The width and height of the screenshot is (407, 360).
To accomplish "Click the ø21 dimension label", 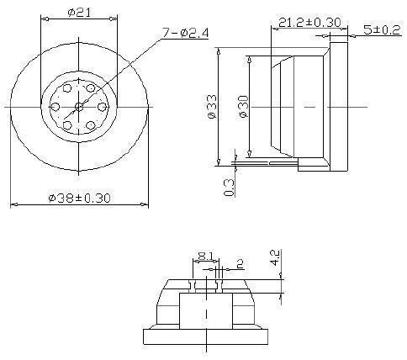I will click(x=78, y=12).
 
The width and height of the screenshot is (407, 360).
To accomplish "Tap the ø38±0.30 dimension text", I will click(x=80, y=198).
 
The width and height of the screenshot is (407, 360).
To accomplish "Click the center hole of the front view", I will click(x=78, y=106).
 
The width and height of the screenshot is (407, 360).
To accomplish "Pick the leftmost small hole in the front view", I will click(x=56, y=106).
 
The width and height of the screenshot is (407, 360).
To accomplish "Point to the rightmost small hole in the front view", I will click(x=101, y=106).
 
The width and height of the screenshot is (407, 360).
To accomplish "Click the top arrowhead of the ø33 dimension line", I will click(x=219, y=50).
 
